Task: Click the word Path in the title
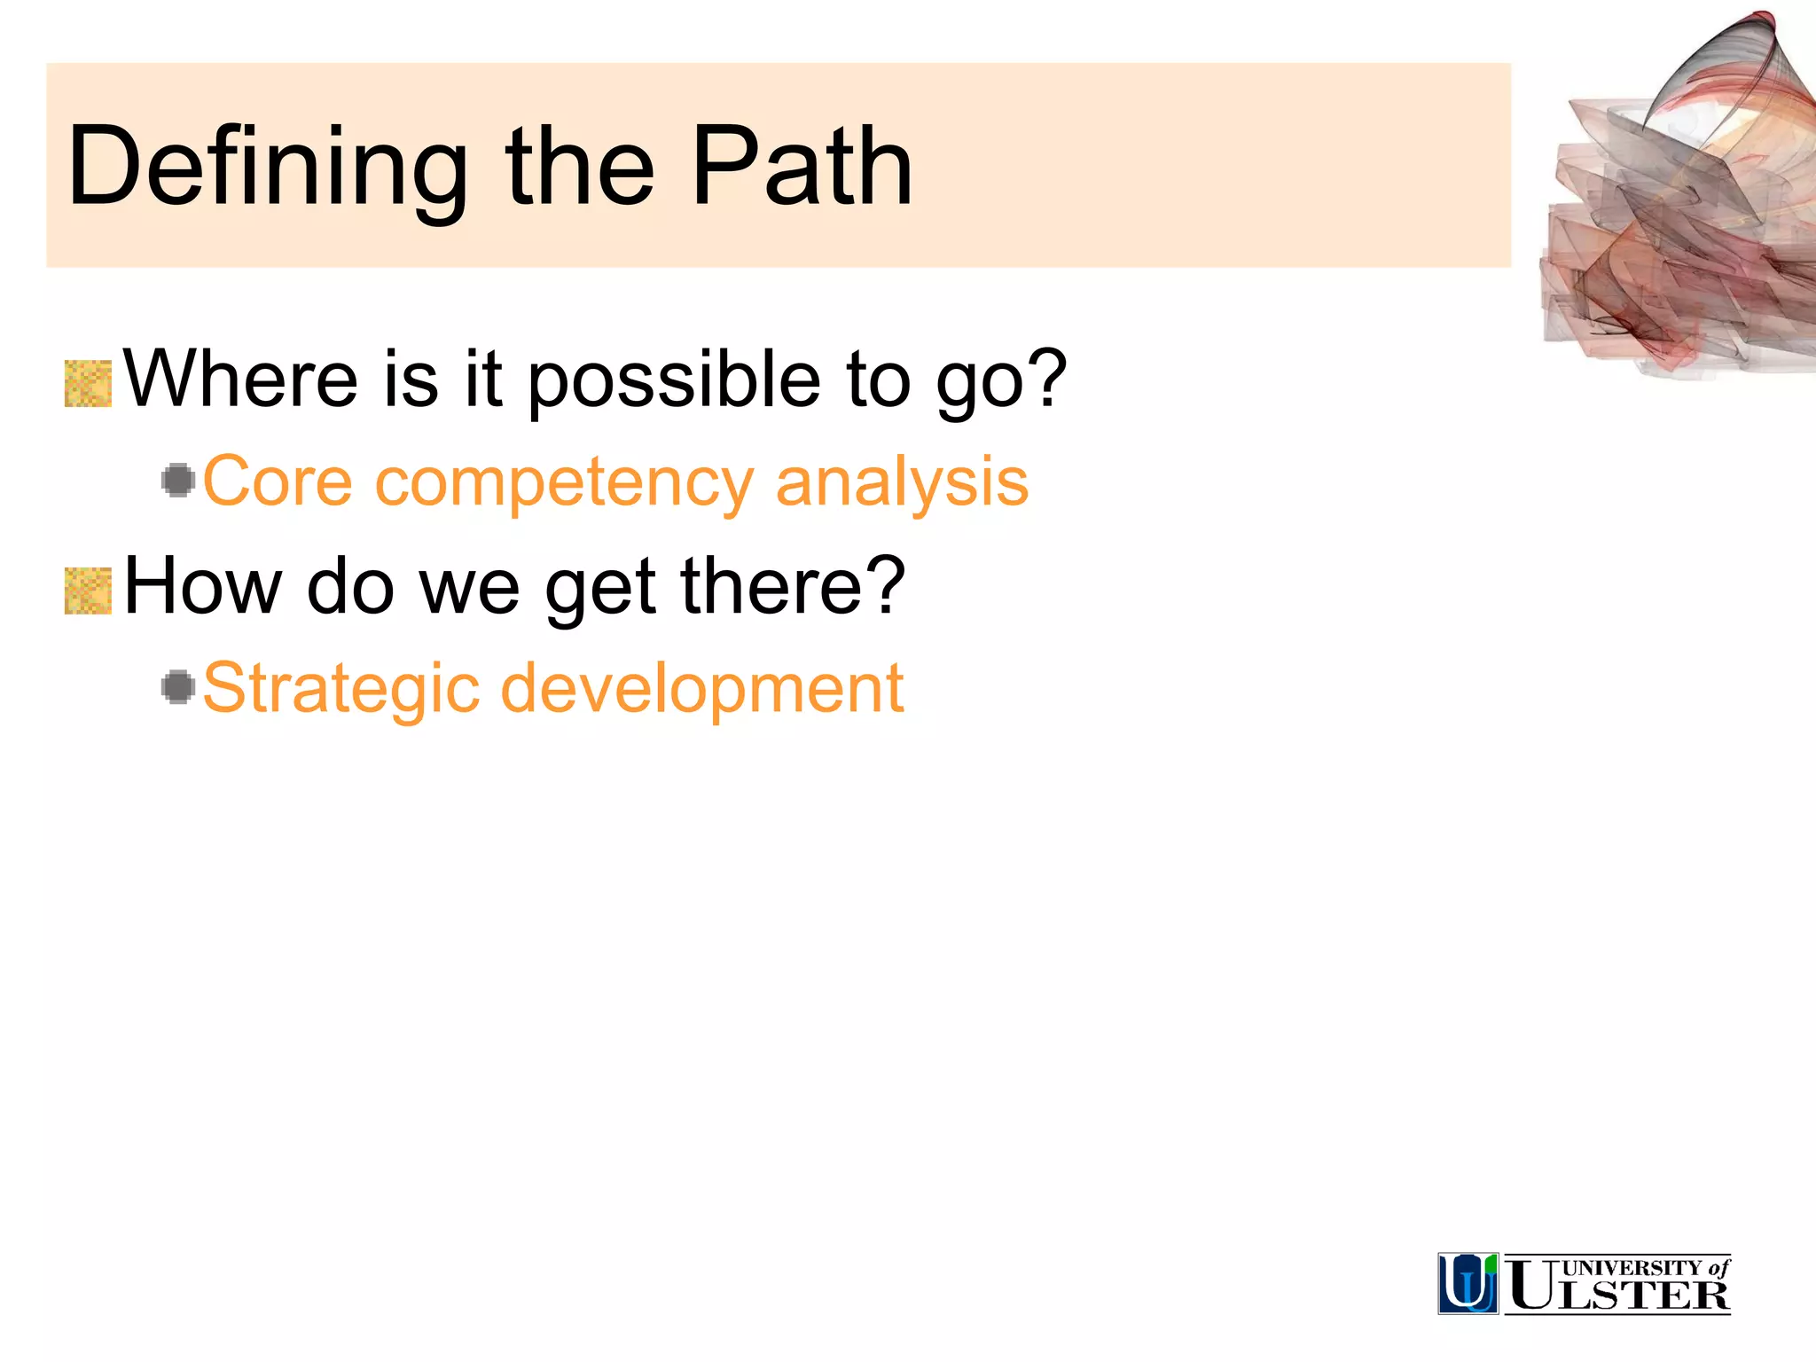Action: [802, 167]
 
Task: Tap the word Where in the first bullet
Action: [240, 380]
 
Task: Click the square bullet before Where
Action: [89, 384]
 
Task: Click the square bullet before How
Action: [89, 591]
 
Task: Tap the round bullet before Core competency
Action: [178, 481]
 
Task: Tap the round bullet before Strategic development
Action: [178, 687]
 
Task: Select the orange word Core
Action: [278, 481]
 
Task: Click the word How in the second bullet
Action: [203, 586]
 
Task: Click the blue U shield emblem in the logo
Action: [1468, 1283]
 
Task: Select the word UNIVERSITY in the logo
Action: [1632, 1268]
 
